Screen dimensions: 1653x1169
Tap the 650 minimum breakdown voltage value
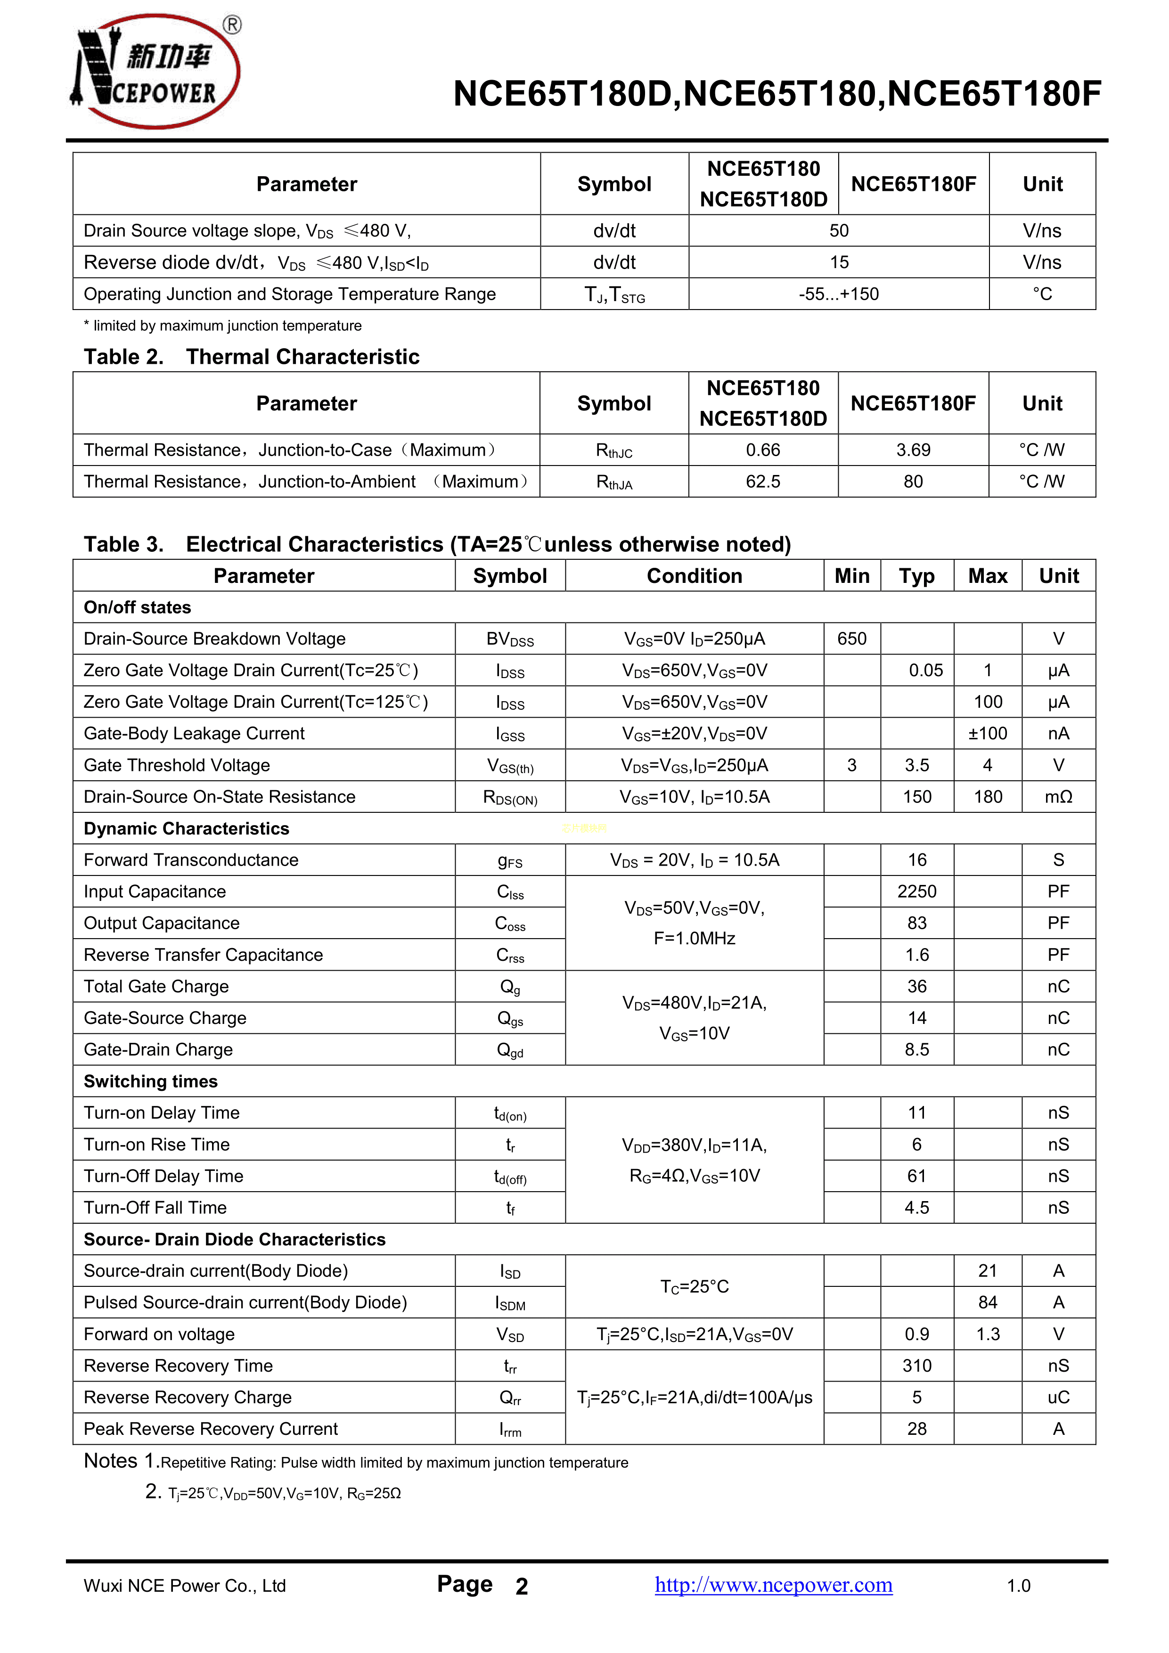[x=851, y=638]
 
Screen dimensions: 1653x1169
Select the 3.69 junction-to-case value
[x=913, y=450]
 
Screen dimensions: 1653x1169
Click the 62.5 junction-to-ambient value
[x=763, y=482]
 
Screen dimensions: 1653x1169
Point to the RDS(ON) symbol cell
[x=510, y=797]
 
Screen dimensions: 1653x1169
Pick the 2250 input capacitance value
[x=916, y=892]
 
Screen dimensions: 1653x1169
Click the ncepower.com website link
[x=773, y=1585]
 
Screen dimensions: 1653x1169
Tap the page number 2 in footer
[x=522, y=1586]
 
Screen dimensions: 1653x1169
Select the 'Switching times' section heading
[x=150, y=1081]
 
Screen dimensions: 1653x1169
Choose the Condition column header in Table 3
[x=694, y=576]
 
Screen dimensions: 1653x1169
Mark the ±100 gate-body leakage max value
[x=988, y=734]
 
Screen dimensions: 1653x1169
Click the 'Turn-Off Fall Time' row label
[x=155, y=1207]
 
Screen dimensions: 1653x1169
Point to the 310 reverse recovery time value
[x=916, y=1366]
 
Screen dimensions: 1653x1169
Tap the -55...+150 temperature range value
[x=839, y=294]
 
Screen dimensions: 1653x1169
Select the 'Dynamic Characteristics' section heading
[x=187, y=829]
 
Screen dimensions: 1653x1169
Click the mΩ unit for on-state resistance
[x=1058, y=797]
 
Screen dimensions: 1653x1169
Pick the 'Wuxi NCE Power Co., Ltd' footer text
[x=185, y=1586]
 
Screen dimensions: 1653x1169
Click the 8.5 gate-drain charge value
[x=916, y=1050]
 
